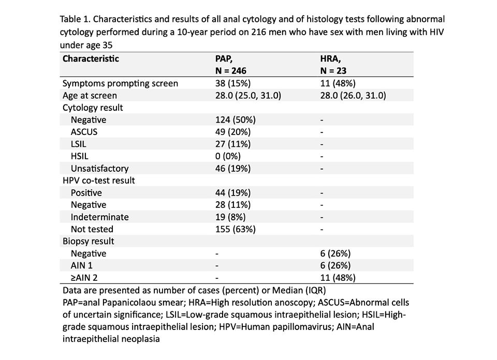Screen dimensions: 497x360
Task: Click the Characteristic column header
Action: (91, 59)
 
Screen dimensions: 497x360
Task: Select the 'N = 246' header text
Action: (231, 71)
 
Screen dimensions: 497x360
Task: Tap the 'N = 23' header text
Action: (333, 71)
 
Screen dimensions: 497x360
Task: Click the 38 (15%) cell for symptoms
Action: (233, 83)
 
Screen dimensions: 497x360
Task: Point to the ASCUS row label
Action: (84, 132)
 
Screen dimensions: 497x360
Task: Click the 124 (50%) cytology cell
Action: (236, 119)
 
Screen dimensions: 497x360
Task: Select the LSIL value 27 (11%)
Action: (233, 144)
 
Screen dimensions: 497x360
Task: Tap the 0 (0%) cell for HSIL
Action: (228, 156)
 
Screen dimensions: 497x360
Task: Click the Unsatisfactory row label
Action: (99, 169)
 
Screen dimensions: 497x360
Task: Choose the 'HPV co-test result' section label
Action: (98, 181)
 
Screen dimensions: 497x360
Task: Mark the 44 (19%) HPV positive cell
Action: (233, 192)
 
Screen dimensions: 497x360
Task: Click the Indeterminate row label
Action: (99, 217)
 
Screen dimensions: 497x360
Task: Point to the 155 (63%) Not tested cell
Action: (236, 229)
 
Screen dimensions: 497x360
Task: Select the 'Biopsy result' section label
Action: (88, 241)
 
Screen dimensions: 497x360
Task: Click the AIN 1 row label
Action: (82, 265)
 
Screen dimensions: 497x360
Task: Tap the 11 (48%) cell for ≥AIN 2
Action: (338, 278)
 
